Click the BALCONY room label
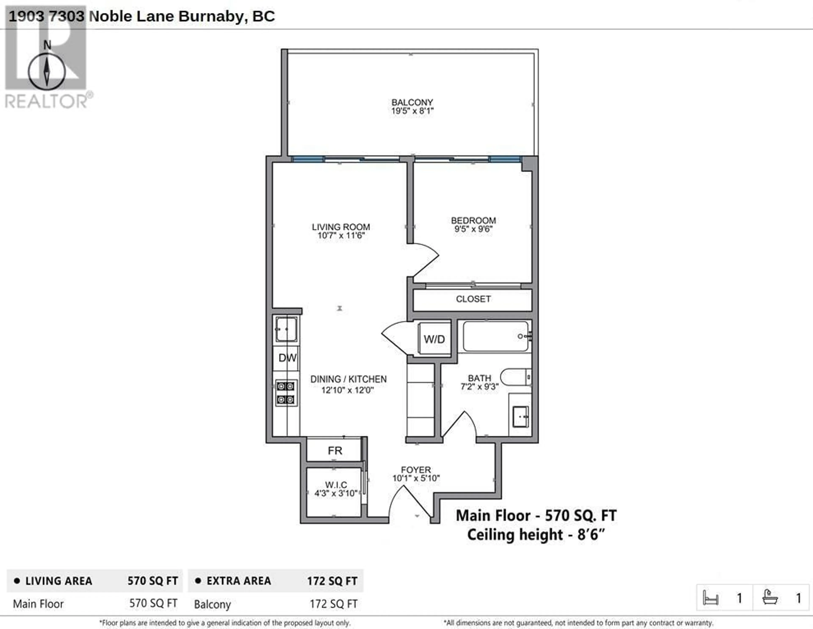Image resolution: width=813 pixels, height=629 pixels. [412, 102]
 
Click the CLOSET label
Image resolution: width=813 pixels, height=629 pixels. [473, 299]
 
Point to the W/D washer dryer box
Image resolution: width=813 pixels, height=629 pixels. [434, 339]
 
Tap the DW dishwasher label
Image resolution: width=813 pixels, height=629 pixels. [287, 358]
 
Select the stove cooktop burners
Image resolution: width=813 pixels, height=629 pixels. [286, 393]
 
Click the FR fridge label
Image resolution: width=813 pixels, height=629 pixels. [335, 451]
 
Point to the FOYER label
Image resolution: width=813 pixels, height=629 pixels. [416, 470]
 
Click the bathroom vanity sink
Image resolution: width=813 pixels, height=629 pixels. [520, 416]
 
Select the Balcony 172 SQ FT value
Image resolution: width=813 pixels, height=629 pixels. [333, 604]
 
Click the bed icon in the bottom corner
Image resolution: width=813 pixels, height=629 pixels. [710, 598]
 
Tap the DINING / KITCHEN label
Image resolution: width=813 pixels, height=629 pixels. [348, 379]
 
